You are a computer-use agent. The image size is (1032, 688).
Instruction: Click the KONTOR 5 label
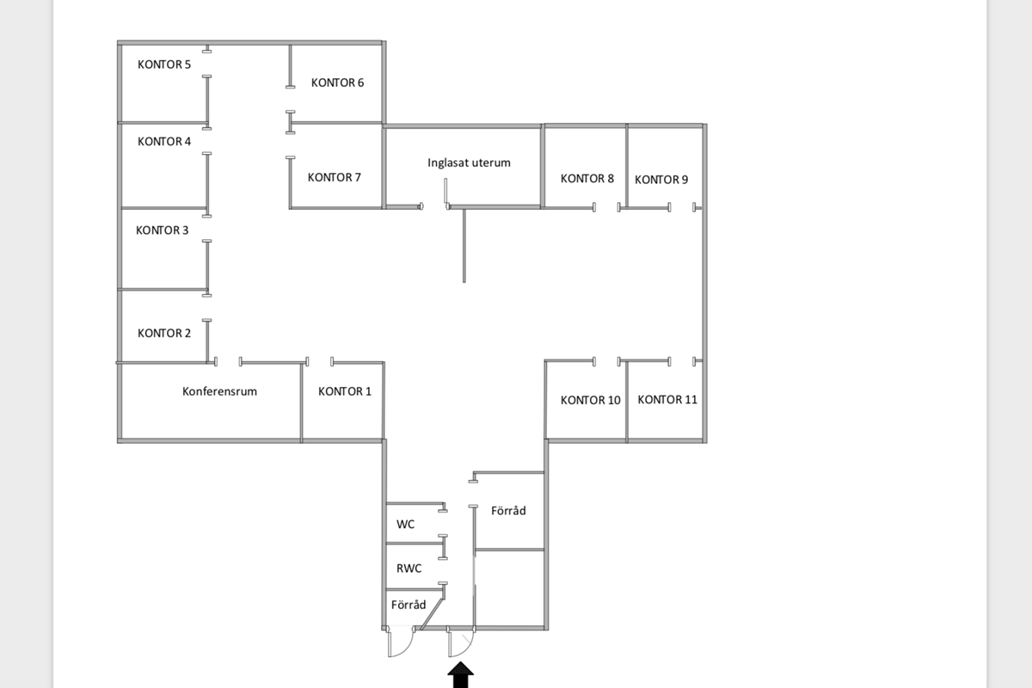click(164, 64)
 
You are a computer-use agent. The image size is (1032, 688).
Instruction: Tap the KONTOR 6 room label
click(338, 83)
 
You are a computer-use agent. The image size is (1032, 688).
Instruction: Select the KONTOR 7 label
click(335, 178)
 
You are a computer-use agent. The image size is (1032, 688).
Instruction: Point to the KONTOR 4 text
click(164, 142)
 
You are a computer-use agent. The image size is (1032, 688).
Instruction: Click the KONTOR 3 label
click(163, 230)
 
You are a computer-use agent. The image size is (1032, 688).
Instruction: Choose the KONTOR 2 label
click(164, 334)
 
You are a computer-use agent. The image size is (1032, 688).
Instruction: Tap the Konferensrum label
click(219, 391)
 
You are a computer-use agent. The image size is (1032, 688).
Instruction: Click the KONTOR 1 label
click(345, 392)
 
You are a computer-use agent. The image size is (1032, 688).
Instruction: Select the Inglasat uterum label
click(470, 163)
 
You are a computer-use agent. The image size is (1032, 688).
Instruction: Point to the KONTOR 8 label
click(587, 179)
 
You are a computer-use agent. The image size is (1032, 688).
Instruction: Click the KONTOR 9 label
click(661, 180)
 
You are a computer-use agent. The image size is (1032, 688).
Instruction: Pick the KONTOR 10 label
click(591, 400)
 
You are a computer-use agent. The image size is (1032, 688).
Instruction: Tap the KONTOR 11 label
click(667, 400)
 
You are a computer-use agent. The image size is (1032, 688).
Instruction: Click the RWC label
click(408, 568)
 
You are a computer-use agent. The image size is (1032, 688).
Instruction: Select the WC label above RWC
click(405, 524)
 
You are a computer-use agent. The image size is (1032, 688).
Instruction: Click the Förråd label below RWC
click(408, 605)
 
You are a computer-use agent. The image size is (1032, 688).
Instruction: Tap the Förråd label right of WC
click(508, 511)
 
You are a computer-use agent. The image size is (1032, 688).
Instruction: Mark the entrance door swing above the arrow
click(461, 643)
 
